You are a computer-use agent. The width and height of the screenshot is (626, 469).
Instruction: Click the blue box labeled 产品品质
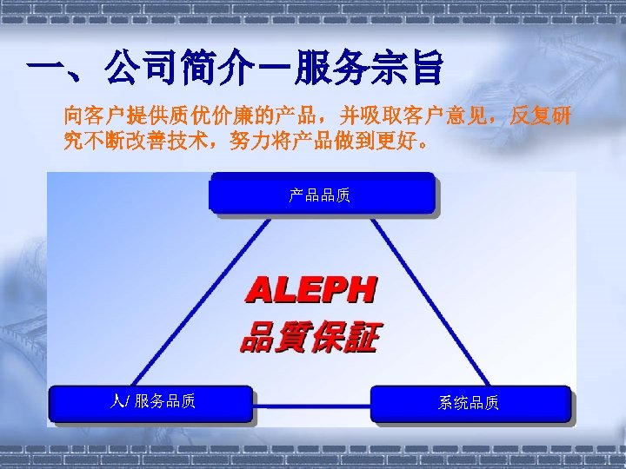click(x=321, y=193)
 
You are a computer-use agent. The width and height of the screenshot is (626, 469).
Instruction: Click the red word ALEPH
click(x=312, y=290)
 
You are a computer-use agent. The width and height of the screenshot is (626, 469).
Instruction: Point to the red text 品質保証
click(x=310, y=336)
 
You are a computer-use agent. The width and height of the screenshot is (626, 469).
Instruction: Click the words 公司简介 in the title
click(x=183, y=69)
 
